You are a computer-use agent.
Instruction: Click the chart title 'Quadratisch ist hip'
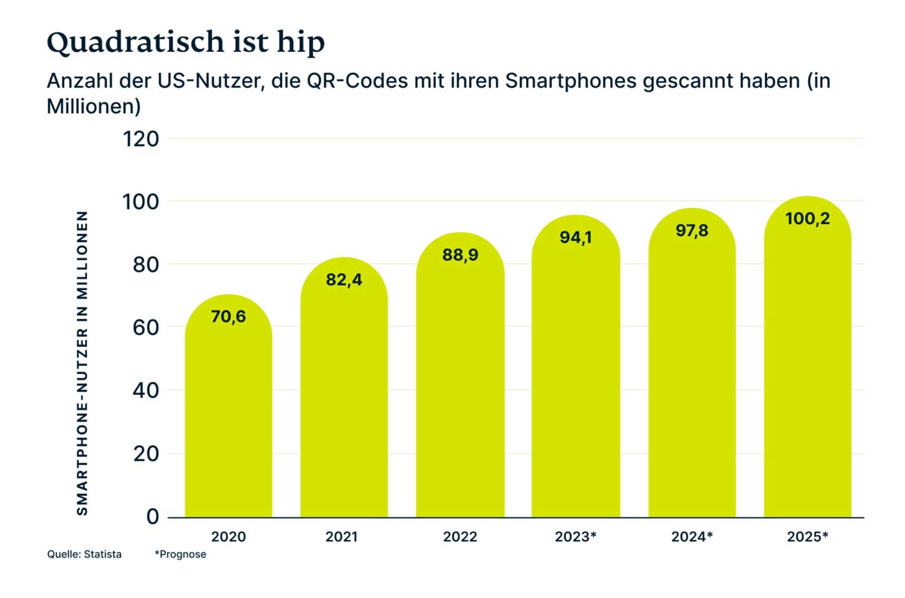[x=186, y=42]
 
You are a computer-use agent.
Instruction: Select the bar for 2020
[x=228, y=412]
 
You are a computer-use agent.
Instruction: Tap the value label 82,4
[x=344, y=279]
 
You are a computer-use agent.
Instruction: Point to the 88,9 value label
[x=460, y=255]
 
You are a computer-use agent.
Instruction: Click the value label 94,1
[x=576, y=237]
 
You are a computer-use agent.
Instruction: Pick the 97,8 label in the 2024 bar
[x=692, y=230]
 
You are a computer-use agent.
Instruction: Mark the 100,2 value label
[x=807, y=219]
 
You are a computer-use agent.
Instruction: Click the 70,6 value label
[x=228, y=316]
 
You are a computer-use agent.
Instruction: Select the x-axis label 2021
[x=341, y=537]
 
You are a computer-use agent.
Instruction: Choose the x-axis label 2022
[x=460, y=537]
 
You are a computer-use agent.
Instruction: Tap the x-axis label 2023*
[x=576, y=537]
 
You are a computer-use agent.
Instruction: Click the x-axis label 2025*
[x=807, y=537]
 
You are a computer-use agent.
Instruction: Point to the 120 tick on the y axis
[x=141, y=139]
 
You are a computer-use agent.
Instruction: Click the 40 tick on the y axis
[x=146, y=390]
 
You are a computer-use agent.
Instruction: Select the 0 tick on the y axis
[x=152, y=517]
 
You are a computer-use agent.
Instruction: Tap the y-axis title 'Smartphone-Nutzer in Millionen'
[x=82, y=363]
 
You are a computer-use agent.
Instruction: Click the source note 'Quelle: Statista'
[x=84, y=554]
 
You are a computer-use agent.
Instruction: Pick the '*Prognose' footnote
[x=180, y=554]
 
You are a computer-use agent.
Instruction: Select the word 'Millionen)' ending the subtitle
[x=94, y=106]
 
